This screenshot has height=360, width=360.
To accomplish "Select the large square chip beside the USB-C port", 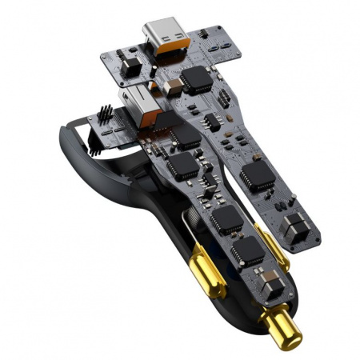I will [x=194, y=78].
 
